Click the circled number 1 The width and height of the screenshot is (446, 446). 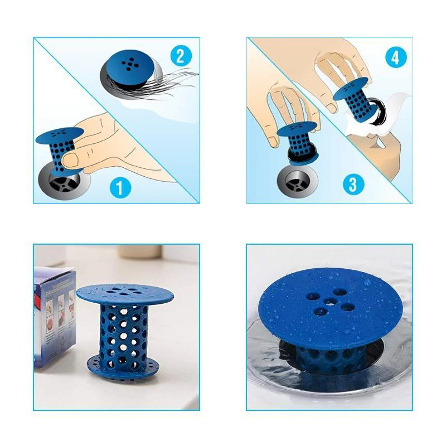tap(120, 187)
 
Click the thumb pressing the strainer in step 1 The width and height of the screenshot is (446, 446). tap(72, 160)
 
